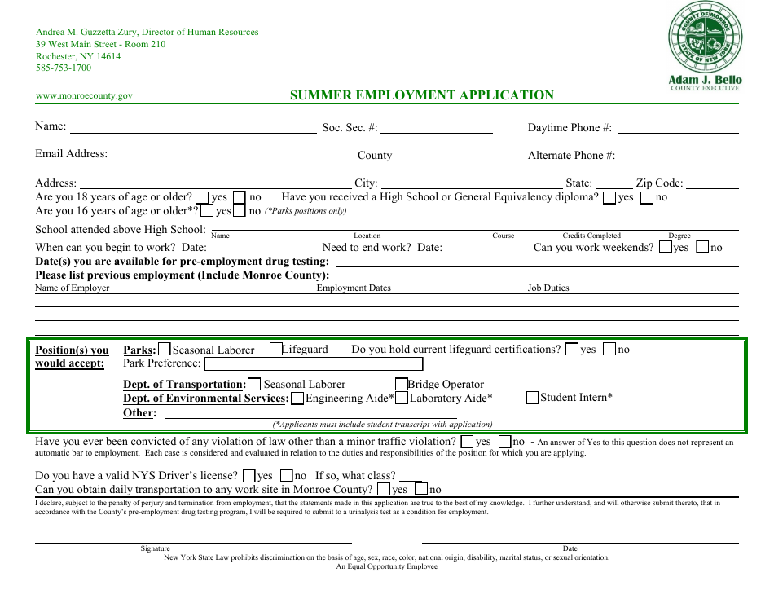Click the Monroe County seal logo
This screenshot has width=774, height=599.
(705, 38)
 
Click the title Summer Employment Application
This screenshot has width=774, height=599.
(422, 95)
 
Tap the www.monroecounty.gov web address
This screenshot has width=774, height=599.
(84, 96)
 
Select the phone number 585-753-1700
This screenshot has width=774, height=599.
(64, 68)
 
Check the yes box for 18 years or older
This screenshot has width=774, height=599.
(202, 197)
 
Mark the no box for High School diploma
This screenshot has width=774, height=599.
(647, 197)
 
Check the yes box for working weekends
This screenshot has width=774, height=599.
(666, 248)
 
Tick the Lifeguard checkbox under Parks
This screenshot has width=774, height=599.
(275, 350)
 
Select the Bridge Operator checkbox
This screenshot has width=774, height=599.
(402, 385)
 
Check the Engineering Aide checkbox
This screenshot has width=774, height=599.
(297, 399)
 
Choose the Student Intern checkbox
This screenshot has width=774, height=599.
(533, 398)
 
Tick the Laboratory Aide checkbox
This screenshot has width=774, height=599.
(402, 399)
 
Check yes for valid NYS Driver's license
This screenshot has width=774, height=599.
(249, 476)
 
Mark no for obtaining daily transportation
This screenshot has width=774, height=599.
(421, 490)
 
